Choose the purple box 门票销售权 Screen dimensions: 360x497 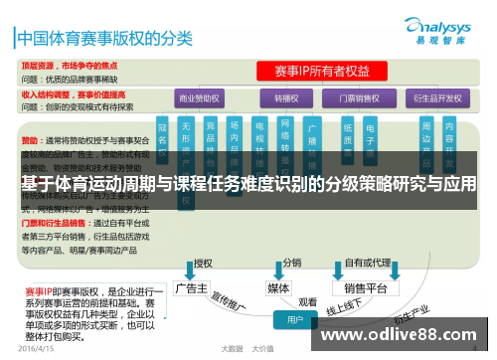point(361,99)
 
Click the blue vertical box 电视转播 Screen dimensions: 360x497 point(259,139)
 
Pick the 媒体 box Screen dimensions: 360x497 point(279,287)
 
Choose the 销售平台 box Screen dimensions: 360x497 point(365,288)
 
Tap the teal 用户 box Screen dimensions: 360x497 point(294,321)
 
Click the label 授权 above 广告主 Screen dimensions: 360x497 point(203,264)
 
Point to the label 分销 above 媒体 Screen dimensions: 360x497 point(292,264)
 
